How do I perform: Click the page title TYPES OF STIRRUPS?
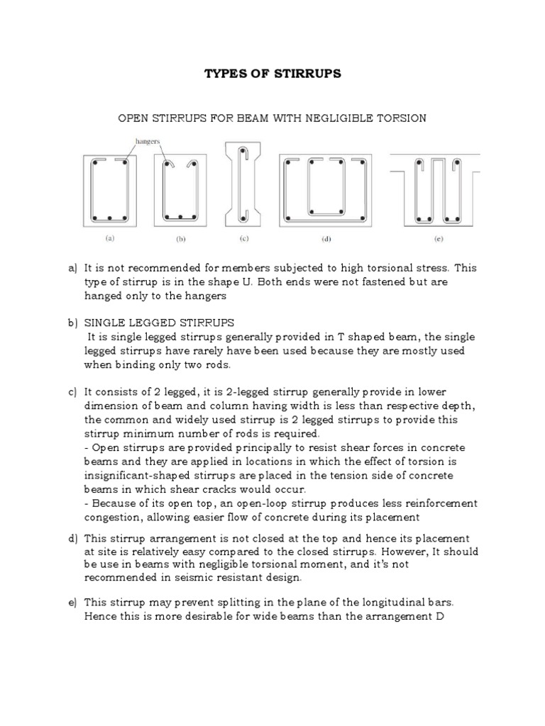pyautogui.click(x=272, y=74)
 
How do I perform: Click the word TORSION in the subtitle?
pyautogui.click(x=401, y=118)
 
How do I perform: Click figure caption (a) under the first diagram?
pyautogui.click(x=111, y=240)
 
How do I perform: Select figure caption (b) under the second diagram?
pyautogui.click(x=180, y=240)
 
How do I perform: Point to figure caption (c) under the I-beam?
pyautogui.click(x=244, y=240)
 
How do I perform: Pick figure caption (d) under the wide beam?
pyautogui.click(x=326, y=240)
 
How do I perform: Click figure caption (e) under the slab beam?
pyautogui.click(x=439, y=240)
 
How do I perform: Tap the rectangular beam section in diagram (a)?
pyautogui.click(x=111, y=190)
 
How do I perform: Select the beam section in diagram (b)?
pyautogui.click(x=180, y=190)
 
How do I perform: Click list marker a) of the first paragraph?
pyautogui.click(x=72, y=269)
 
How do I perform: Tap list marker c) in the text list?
pyautogui.click(x=72, y=392)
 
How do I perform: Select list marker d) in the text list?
pyautogui.click(x=72, y=539)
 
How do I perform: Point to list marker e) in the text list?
pyautogui.click(x=72, y=602)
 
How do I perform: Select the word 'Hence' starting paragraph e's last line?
pyautogui.click(x=99, y=615)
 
